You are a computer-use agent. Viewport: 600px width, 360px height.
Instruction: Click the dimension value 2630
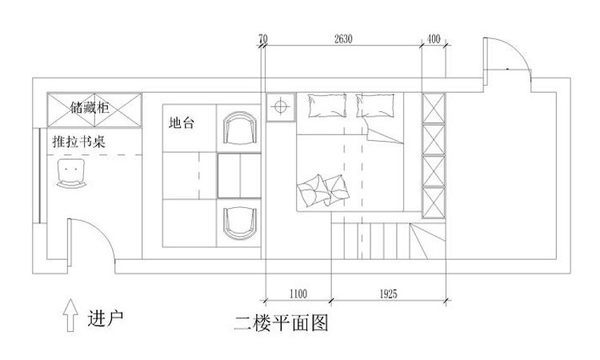point(343,39)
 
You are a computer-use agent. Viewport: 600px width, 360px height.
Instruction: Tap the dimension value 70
point(263,39)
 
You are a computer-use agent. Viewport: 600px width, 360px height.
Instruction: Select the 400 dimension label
point(433,39)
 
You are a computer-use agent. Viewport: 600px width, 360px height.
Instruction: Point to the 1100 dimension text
point(298,294)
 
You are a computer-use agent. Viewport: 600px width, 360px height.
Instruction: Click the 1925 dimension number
point(388,294)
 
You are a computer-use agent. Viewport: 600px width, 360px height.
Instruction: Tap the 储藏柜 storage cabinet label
point(90,107)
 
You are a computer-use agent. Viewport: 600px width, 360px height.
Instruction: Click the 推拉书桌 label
point(79,142)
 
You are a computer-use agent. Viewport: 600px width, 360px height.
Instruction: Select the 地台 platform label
point(182,123)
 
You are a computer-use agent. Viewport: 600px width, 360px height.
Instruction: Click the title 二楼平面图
point(282,323)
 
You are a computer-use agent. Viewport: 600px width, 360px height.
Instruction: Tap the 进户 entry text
point(106,318)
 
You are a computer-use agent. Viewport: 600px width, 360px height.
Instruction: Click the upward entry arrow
point(70,315)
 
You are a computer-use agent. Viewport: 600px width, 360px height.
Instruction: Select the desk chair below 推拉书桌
point(71,174)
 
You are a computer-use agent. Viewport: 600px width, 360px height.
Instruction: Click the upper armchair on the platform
point(240,128)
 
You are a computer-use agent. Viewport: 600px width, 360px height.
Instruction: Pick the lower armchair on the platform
point(240,223)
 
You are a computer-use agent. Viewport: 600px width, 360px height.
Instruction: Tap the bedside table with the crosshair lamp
point(281,106)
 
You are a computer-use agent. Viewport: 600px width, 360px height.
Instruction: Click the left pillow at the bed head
point(327,106)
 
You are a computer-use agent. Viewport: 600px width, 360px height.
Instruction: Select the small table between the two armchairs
point(239,176)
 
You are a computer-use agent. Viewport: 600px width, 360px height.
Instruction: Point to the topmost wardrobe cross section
point(434,108)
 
